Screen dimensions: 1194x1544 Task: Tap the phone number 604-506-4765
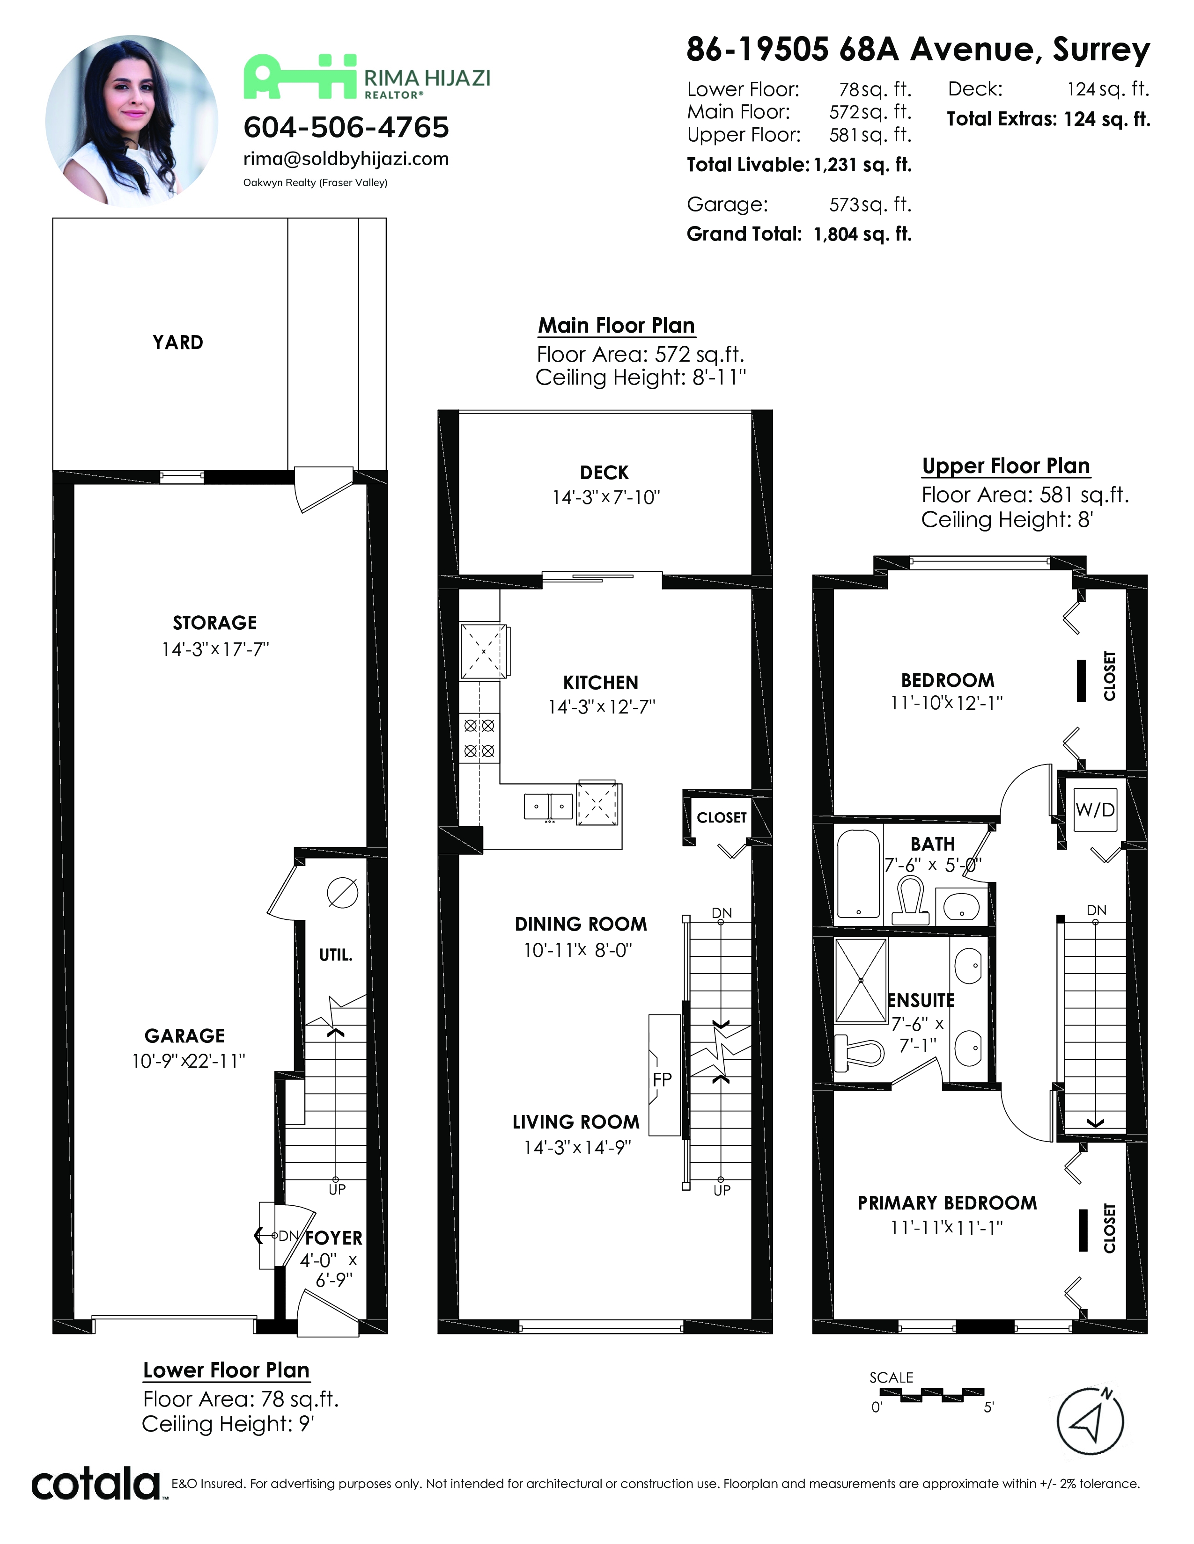coord(346,127)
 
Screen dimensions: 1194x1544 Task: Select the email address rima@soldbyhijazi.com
coord(346,159)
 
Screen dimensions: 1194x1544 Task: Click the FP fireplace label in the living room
coord(662,1079)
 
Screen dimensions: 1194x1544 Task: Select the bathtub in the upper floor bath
coord(858,873)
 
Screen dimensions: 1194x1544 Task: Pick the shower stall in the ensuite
coord(861,981)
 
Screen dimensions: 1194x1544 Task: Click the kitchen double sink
coord(548,806)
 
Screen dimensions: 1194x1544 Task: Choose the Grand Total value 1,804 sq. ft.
coord(862,235)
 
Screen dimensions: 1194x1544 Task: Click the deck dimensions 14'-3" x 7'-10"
coord(605,498)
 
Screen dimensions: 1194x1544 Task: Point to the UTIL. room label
coord(335,955)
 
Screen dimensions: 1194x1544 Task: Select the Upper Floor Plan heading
coord(1005,466)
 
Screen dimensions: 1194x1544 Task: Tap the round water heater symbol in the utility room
coord(342,892)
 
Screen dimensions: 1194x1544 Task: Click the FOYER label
coord(334,1238)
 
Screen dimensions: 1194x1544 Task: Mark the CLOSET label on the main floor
coord(722,817)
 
